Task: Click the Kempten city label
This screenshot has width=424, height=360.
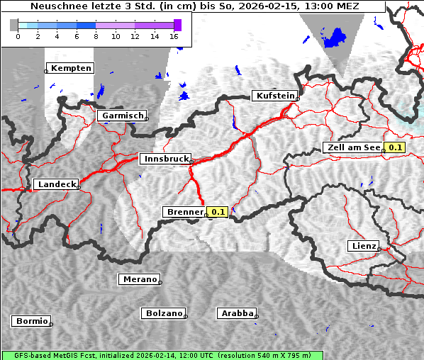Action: [x=71, y=68]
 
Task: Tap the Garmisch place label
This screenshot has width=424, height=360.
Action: [x=123, y=116]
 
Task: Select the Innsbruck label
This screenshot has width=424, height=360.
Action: [x=165, y=159]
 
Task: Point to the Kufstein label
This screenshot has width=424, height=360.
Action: [x=274, y=96]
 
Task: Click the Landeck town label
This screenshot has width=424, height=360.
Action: [x=56, y=184]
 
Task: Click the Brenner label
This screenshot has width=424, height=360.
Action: [x=184, y=212]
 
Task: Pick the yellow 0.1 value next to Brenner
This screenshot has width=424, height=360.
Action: [x=217, y=212]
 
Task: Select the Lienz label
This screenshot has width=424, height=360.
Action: [x=364, y=246]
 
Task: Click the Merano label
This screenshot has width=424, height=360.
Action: [x=139, y=279]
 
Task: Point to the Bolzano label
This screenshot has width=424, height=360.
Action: [x=164, y=313]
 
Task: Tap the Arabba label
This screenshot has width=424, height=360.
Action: [x=237, y=313]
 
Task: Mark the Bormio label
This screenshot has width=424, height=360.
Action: [x=31, y=321]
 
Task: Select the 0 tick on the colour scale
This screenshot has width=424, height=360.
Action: [x=18, y=36]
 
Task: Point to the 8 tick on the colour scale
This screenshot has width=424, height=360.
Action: [x=96, y=36]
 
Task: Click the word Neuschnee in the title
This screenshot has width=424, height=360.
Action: [x=60, y=6]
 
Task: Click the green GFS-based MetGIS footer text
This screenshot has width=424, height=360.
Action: [x=162, y=355]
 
